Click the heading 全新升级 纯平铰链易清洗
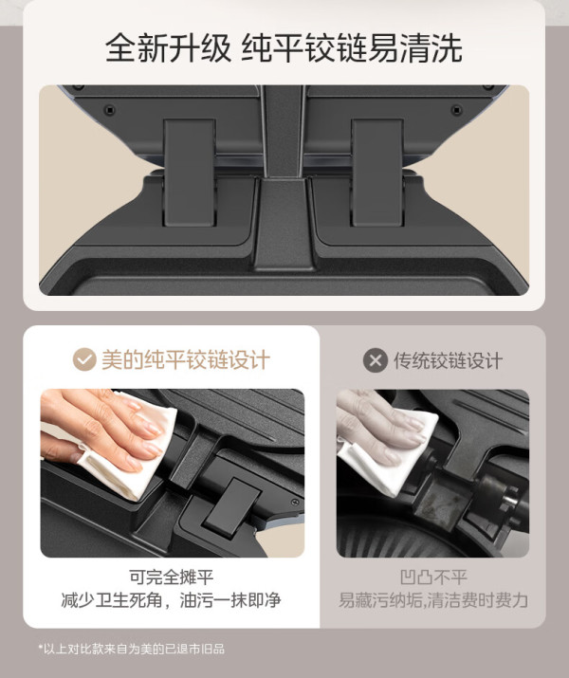click(x=284, y=48)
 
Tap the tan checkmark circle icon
click(x=84, y=359)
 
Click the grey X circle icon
click(x=376, y=360)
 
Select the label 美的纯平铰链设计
click(x=186, y=359)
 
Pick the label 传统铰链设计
click(x=448, y=360)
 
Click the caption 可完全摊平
click(x=172, y=577)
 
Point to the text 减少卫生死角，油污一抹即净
click(x=171, y=599)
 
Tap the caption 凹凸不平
click(x=433, y=577)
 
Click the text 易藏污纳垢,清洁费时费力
click(x=432, y=600)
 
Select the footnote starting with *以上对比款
click(x=132, y=649)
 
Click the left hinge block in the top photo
click(x=190, y=172)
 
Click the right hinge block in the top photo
click(x=377, y=172)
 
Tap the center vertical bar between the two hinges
click(x=284, y=177)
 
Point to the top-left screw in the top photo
click(x=110, y=110)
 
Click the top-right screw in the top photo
click(x=456, y=110)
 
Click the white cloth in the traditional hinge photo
click(x=389, y=454)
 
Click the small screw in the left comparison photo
click(x=295, y=503)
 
